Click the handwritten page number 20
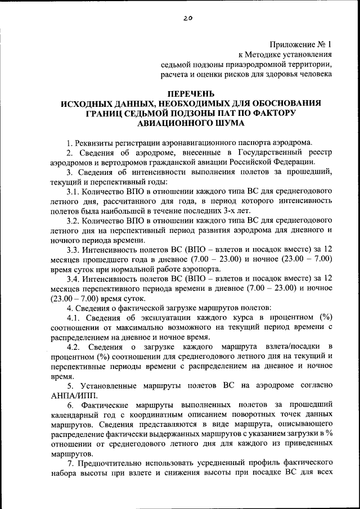pyautogui.click(x=187, y=18)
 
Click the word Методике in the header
pyautogui.click(x=265, y=55)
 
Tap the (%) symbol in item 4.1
pyautogui.click(x=323, y=317)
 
